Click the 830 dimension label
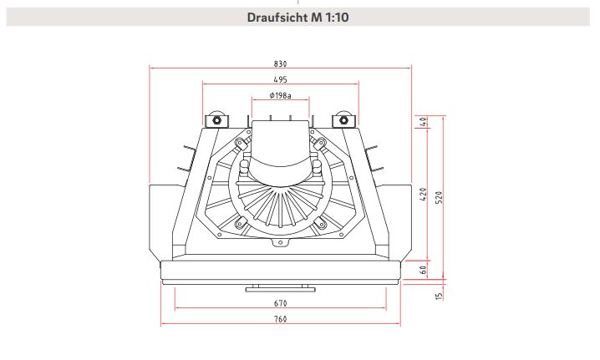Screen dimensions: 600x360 coord(281,63)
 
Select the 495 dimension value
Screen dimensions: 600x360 coord(281,79)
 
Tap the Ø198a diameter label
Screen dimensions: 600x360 coord(281,95)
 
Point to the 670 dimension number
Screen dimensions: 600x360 coord(281,303)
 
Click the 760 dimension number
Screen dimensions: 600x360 coord(281,319)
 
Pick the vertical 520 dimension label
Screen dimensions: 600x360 coord(440,197)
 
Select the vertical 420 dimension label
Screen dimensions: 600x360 coord(423,194)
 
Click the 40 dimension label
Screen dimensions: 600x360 coord(423,122)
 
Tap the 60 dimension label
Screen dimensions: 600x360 coord(423,270)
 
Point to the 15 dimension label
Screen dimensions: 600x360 coord(440,296)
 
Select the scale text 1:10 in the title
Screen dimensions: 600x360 coord(337,18)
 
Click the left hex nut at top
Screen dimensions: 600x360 coord(216,120)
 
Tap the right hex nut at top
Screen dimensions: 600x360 coord(343,120)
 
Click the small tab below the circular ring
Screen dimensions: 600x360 coord(281,242)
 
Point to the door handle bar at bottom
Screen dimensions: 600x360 coord(281,289)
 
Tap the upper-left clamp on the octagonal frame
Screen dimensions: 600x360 coord(241,145)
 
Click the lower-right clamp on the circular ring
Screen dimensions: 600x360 coord(321,223)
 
